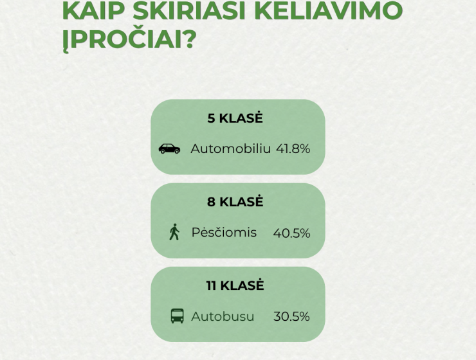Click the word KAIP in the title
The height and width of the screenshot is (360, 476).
click(x=93, y=10)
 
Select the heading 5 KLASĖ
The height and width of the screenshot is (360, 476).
click(x=235, y=118)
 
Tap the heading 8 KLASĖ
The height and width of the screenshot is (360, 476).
click(x=235, y=201)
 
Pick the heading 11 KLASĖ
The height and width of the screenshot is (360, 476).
click(x=235, y=285)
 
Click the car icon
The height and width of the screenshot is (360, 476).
click(x=169, y=148)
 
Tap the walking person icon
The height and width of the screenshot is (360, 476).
click(x=174, y=232)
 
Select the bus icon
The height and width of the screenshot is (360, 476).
click(x=178, y=316)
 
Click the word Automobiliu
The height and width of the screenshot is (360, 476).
click(x=230, y=148)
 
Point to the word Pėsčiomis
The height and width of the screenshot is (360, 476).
click(x=224, y=232)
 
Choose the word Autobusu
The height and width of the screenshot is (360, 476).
click(x=223, y=316)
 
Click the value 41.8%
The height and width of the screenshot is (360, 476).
click(x=293, y=149)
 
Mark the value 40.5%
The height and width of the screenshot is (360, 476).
click(x=291, y=233)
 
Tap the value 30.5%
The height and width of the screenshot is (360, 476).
click(x=291, y=316)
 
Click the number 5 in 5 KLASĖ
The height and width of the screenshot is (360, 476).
click(x=211, y=118)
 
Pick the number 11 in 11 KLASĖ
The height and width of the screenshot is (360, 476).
click(x=211, y=285)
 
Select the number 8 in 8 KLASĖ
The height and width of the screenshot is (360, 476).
click(x=211, y=202)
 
